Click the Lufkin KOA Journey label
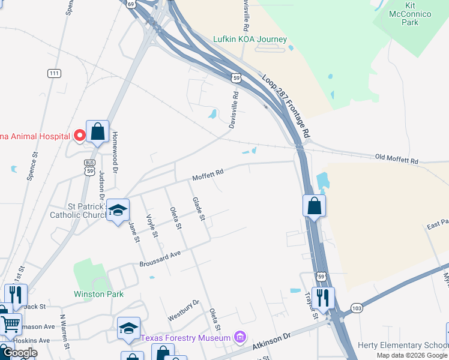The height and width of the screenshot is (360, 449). point(250,40)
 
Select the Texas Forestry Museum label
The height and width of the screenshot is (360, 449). point(185,338)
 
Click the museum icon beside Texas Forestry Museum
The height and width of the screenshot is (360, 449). point(240,337)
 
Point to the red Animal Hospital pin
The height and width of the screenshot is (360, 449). point(79,136)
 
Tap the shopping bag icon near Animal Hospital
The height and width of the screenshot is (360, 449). point(97,131)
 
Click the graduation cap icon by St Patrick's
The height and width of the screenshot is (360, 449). point(118,211)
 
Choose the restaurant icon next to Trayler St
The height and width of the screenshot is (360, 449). point(323,298)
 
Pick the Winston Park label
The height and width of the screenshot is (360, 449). point(98,294)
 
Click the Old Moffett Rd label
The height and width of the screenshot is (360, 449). point(396,160)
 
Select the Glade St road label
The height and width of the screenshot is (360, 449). point(198,208)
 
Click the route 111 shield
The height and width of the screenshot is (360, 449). point(54,73)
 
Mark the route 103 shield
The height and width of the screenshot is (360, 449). point(357,308)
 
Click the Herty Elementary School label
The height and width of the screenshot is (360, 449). point(402,345)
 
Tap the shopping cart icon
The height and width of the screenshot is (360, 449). point(10,325)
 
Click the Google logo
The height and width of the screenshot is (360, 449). point(20,353)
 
